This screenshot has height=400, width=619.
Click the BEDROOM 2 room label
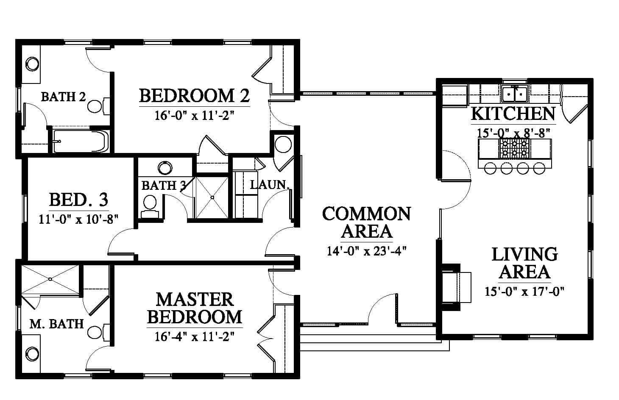click(195, 96)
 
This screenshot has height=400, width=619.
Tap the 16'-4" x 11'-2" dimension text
click(195, 337)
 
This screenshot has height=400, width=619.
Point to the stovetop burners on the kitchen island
click(514, 149)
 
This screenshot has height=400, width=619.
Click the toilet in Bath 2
click(98, 106)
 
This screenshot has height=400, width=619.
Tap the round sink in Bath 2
click(32, 64)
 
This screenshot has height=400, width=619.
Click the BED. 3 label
click(79, 200)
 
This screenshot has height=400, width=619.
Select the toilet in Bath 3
click(150, 207)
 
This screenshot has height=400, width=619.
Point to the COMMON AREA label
click(367, 222)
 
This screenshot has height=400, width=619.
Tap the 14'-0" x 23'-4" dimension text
click(367, 251)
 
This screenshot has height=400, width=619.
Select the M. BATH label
click(57, 324)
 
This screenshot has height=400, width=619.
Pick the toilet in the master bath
click(98, 332)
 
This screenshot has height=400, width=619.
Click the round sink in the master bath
click(32, 354)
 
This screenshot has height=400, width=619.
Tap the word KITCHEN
click(513, 114)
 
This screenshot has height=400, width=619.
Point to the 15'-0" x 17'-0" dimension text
click(524, 292)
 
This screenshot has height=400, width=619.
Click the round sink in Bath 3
click(165, 168)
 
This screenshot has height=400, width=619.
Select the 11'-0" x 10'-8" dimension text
click(78, 219)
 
